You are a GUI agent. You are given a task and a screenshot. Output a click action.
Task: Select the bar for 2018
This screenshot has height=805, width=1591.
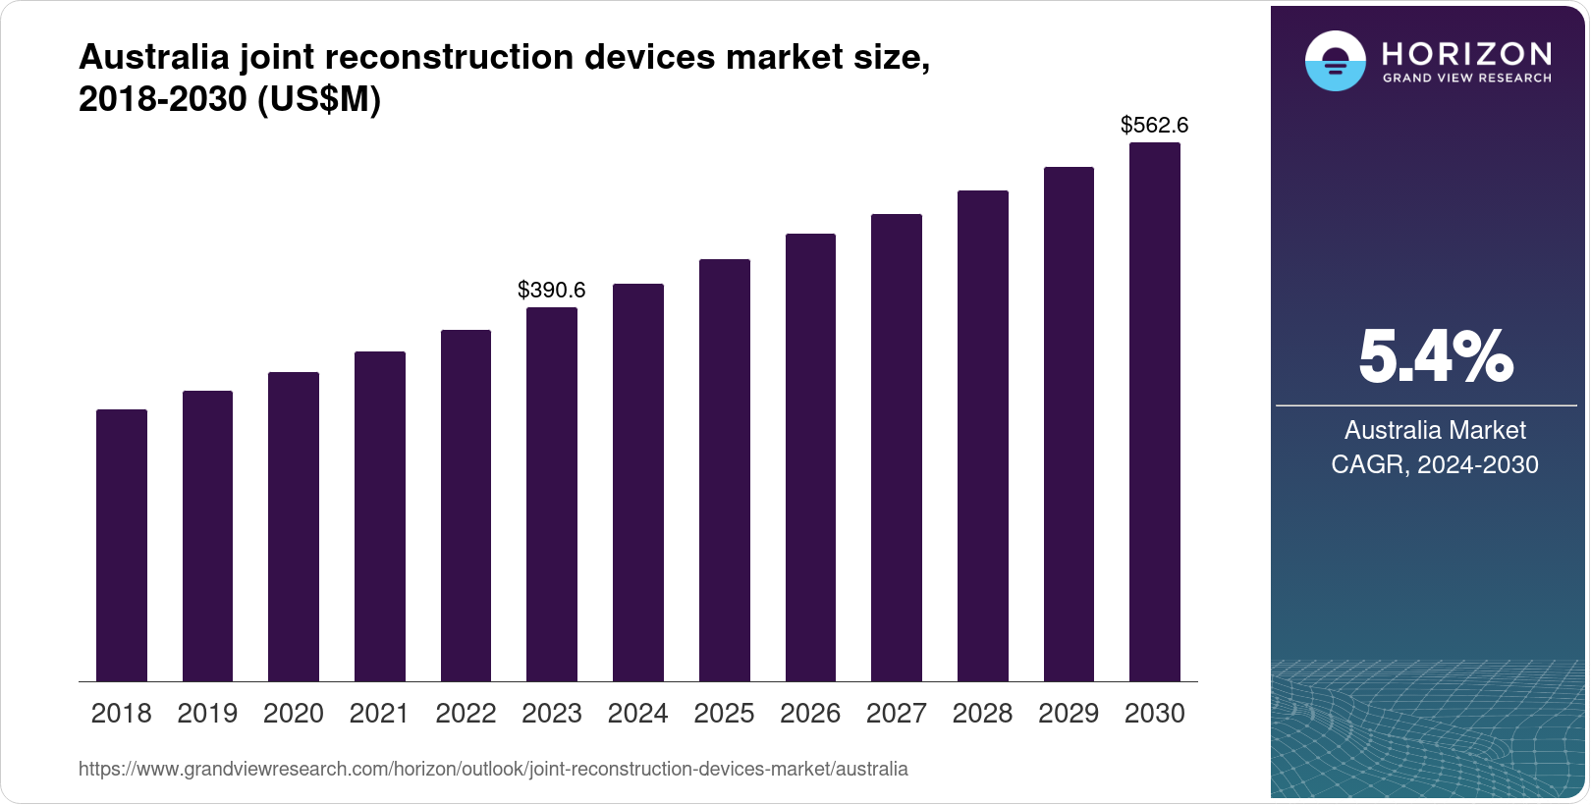tap(122, 545)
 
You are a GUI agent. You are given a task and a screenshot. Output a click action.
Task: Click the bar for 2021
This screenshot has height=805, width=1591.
tap(380, 516)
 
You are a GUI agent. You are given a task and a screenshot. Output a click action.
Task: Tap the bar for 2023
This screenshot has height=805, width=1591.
tap(552, 494)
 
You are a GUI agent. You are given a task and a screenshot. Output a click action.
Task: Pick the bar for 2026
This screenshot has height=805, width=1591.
tap(810, 457)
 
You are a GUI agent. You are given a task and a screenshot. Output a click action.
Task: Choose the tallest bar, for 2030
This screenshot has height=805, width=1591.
tap(1155, 412)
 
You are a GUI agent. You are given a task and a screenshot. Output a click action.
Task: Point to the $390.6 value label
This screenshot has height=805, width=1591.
tap(552, 290)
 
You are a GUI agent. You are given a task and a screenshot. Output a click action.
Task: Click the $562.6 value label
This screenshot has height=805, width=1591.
tap(1155, 125)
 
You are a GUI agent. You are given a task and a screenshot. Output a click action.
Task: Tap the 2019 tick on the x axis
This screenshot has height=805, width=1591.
tap(207, 714)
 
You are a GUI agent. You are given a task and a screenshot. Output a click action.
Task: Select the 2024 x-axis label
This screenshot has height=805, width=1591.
tap(638, 714)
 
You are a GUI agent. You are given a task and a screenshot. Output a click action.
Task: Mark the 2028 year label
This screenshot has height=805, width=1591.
tap(982, 714)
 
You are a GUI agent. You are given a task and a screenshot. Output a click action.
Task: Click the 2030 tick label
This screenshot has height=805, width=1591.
tap(1155, 714)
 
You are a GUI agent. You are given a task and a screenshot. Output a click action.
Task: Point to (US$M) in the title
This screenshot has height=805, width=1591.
tap(318, 100)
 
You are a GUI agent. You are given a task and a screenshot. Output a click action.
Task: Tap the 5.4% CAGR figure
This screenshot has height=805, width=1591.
tap(1435, 358)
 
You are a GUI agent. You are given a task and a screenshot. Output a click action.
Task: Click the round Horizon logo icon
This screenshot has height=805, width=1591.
tap(1335, 61)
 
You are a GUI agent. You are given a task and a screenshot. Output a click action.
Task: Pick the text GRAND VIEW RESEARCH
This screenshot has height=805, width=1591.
tap(1467, 79)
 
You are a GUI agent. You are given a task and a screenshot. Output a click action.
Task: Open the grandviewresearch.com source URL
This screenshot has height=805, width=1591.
tap(493, 769)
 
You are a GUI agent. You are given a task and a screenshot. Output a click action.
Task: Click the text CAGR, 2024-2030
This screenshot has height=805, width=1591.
tap(1435, 464)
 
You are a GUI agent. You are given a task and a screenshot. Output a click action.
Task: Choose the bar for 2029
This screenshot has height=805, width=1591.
tap(1069, 424)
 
